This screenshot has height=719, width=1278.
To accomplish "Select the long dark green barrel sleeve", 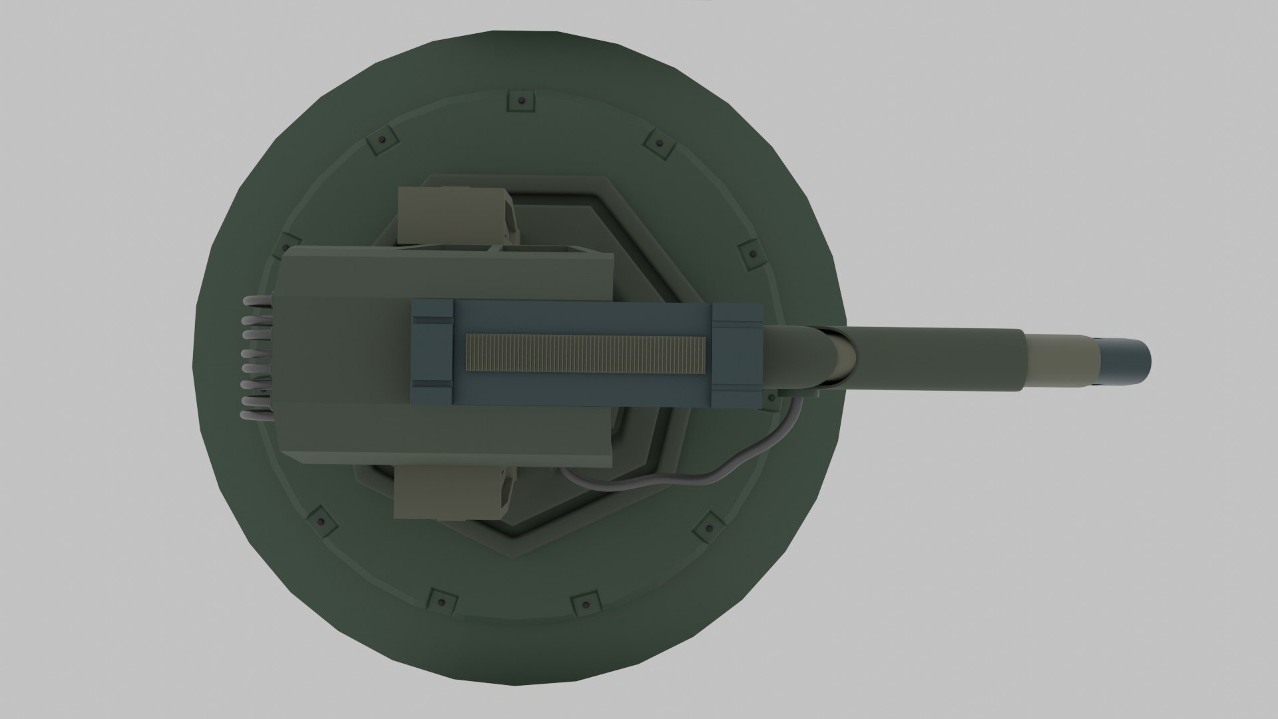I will pyautogui.click(x=932, y=359).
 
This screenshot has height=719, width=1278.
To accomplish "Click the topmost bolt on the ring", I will pyautogui.click(x=521, y=101).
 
